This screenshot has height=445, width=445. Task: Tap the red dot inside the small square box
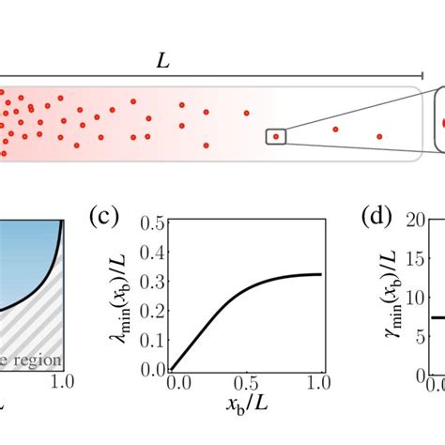276,137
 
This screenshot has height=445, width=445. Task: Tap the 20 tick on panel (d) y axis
417,222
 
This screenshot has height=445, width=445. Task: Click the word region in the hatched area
38,360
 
